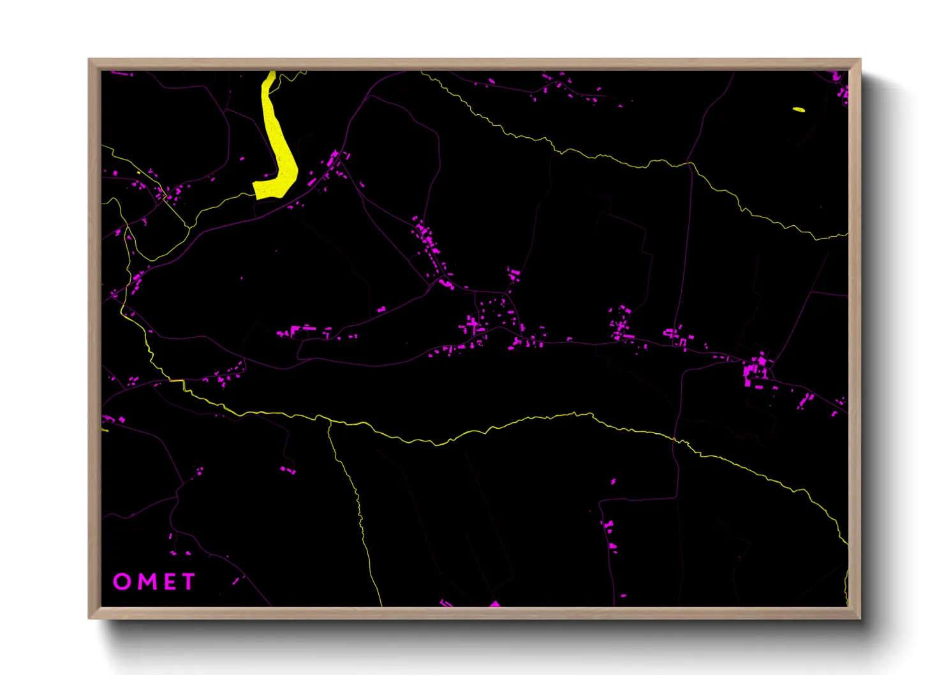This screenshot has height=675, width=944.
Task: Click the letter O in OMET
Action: [x=122, y=581]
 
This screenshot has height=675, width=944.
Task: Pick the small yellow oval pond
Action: [x=799, y=109]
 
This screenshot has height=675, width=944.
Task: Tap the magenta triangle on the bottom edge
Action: [x=494, y=604]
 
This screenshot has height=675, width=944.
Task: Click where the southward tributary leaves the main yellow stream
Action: [x=330, y=422]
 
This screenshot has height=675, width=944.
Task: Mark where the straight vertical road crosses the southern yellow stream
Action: [x=675, y=438]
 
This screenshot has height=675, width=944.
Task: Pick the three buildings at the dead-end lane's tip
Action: [x=288, y=470]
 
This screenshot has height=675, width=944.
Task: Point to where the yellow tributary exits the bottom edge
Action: [x=381, y=605]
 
